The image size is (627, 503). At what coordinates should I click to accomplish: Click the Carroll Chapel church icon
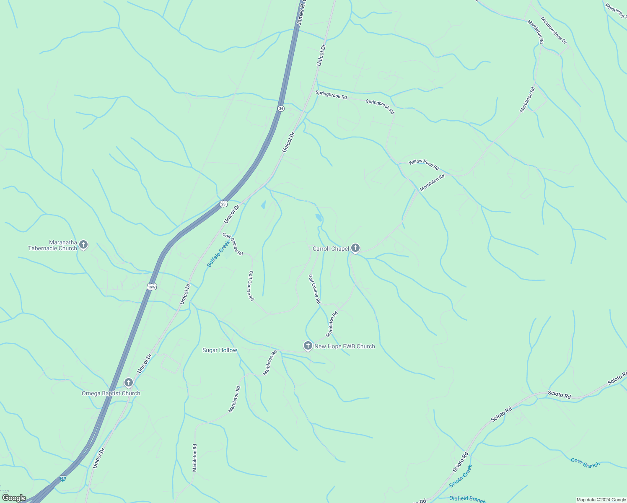tap(355, 248)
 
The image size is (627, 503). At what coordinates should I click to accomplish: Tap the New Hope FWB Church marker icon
tap(308, 346)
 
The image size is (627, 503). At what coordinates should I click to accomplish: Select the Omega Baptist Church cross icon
tap(129, 382)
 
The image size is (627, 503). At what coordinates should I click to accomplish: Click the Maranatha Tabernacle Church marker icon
tap(83, 244)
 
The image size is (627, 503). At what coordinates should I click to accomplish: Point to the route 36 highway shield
tap(281, 108)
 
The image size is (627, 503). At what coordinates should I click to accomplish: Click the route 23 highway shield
tap(223, 204)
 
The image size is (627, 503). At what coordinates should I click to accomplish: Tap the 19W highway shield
tap(152, 287)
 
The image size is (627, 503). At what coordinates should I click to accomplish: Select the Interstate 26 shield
tap(62, 478)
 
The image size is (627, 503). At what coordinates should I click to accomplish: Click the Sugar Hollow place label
tap(220, 350)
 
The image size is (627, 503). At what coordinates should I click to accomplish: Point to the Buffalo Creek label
tap(218, 254)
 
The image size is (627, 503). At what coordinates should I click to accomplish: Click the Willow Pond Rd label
tap(424, 164)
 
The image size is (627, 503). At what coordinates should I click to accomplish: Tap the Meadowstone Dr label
tap(554, 30)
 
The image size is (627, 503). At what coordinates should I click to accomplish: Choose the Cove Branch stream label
tap(585, 463)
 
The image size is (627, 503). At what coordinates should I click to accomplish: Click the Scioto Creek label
tap(461, 476)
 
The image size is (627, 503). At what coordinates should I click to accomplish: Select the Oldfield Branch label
tap(467, 499)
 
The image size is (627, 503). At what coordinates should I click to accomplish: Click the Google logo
tap(14, 498)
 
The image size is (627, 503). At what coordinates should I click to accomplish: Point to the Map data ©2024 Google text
tap(601, 500)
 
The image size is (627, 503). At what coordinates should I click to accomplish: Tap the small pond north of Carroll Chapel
tap(319, 218)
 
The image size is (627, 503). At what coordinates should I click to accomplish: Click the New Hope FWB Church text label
tap(345, 346)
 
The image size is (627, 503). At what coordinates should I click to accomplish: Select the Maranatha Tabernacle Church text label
tap(53, 245)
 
